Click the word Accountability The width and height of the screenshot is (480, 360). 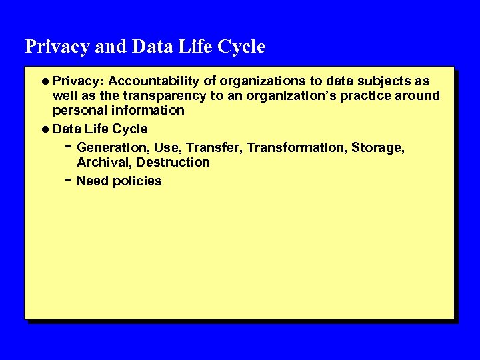click(154, 81)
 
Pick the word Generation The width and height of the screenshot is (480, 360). click(113, 147)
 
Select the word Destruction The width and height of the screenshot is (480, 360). click(173, 162)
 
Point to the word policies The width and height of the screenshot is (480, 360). click(137, 181)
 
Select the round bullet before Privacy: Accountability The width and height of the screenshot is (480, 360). click(45, 81)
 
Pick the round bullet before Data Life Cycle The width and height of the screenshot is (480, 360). click(45, 129)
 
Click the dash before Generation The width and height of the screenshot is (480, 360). click(69, 146)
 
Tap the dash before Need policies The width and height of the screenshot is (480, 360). click(69, 180)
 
